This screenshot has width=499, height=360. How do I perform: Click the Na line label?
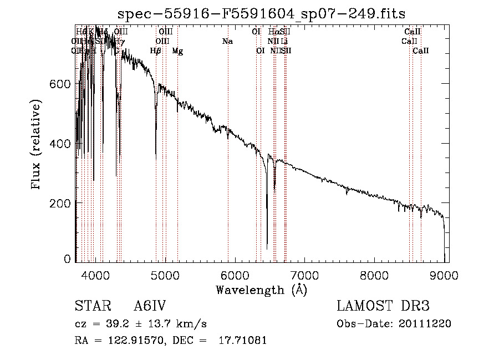[x=227, y=42]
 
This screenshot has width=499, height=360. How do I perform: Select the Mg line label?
[x=177, y=51]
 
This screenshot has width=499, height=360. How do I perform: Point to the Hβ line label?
[x=156, y=51]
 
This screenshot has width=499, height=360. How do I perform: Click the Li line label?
[x=284, y=42]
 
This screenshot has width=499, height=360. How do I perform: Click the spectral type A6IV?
[x=150, y=306]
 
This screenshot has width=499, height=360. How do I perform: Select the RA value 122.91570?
[x=134, y=341]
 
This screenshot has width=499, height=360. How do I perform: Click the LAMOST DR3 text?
[x=383, y=306]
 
